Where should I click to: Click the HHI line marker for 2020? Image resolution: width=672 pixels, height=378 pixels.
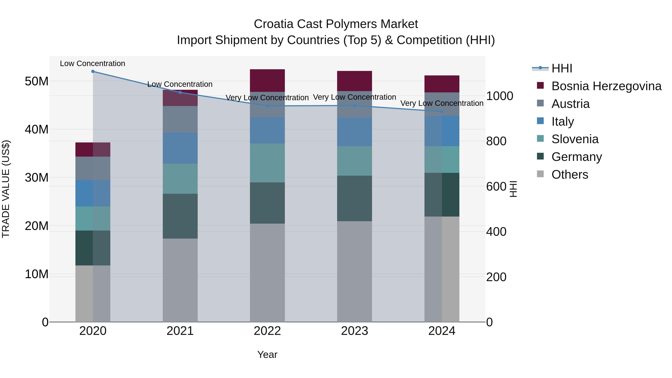point(93,71)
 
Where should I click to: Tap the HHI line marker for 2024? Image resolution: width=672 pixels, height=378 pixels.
point(442,112)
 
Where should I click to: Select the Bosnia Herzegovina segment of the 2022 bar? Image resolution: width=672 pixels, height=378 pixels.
point(267,81)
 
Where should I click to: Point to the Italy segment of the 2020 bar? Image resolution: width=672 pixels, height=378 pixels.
point(93,193)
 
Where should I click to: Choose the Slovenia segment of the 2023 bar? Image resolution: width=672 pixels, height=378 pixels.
point(354,161)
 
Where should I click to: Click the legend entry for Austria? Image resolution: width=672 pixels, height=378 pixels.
point(570,104)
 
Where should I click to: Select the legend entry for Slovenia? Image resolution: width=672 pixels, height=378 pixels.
point(575,139)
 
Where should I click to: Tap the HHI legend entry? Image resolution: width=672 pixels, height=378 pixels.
point(562,68)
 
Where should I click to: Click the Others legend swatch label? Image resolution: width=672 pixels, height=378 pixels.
point(570,175)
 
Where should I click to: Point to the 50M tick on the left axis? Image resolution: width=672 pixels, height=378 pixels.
point(37,81)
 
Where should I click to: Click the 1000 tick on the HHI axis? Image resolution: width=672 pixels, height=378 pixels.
point(500,96)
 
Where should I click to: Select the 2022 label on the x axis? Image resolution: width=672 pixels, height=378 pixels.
point(267,331)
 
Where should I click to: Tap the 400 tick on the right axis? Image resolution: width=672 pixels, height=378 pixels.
point(496,232)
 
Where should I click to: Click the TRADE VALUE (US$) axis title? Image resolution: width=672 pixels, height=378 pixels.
point(6,189)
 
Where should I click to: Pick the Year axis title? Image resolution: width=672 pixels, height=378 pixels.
point(267,354)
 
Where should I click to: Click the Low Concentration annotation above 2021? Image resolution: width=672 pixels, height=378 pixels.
point(180,84)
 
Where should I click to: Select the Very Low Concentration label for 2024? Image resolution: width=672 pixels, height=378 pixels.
point(442,103)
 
